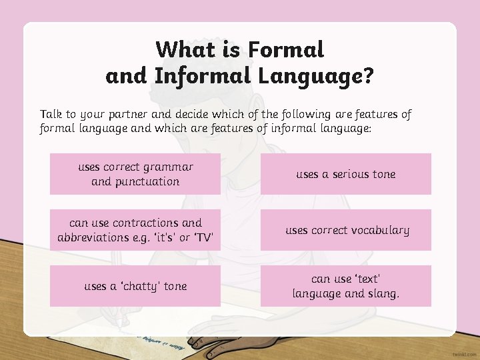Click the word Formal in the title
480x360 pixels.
(x=285, y=49)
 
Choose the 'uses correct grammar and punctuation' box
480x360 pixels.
(x=135, y=174)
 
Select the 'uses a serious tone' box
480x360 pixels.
(x=345, y=174)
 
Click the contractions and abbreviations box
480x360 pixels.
(x=135, y=230)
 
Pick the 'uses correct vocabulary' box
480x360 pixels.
(x=345, y=230)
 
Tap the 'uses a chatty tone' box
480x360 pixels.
(x=135, y=286)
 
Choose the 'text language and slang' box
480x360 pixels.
(x=345, y=286)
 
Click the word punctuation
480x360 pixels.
(x=147, y=181)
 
